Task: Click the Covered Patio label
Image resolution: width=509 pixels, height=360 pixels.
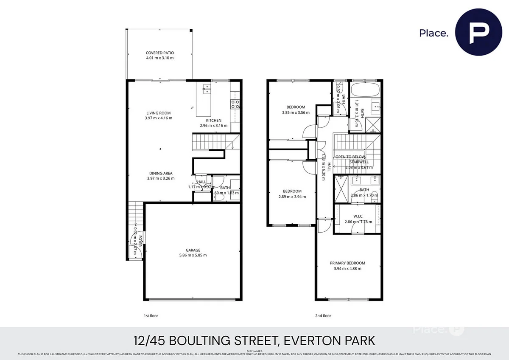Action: point(159,53)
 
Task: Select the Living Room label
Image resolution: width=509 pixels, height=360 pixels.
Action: point(159,113)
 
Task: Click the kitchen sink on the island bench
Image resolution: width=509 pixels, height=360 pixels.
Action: point(207,89)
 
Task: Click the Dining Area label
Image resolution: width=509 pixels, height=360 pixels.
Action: point(160,173)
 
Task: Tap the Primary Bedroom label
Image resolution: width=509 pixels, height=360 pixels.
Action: point(347,263)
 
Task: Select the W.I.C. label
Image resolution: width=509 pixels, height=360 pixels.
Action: point(358,216)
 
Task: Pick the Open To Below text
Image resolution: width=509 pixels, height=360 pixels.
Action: point(350,157)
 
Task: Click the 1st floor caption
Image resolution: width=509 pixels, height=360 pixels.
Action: point(151,316)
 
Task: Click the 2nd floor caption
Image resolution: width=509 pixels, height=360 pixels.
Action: point(324,316)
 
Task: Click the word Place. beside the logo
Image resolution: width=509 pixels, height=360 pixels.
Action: point(433,33)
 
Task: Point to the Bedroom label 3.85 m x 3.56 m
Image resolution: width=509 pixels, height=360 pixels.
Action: point(296,107)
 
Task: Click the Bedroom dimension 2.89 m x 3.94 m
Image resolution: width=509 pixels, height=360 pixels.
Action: point(292,197)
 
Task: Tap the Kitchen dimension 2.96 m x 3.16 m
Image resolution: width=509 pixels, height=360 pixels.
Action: point(214,126)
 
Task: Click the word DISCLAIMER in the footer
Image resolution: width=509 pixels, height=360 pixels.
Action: point(254,351)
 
